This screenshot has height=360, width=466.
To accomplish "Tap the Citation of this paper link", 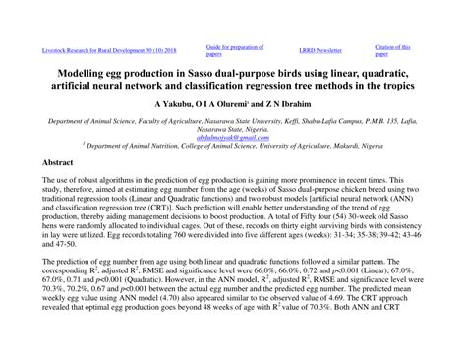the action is pyautogui.click(x=392, y=49).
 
